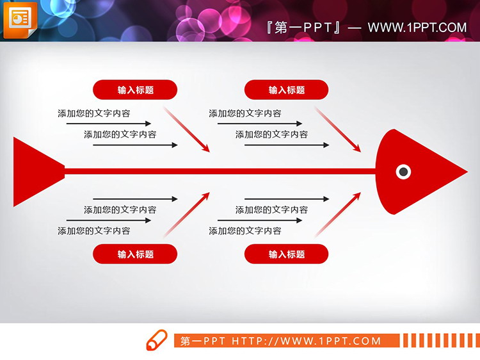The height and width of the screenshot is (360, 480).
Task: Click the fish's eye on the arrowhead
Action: (403, 171)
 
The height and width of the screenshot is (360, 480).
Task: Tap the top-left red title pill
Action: (135, 90)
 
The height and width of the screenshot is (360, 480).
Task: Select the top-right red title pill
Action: (286, 90)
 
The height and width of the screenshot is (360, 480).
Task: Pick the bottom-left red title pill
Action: (135, 254)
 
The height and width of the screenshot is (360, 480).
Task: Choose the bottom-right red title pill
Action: (286, 254)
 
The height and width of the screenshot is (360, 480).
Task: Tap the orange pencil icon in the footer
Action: (156, 340)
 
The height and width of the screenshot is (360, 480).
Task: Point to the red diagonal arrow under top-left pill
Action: (187, 129)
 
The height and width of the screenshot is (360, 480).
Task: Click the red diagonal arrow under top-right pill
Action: (338, 129)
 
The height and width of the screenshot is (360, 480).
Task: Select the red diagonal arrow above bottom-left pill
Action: (187, 214)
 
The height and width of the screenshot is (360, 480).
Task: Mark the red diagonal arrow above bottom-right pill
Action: (338, 214)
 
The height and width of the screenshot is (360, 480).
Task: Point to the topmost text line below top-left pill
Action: (94, 113)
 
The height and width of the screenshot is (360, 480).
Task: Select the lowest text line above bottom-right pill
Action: (245, 231)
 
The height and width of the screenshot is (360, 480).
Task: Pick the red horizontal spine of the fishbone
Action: (218, 171)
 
